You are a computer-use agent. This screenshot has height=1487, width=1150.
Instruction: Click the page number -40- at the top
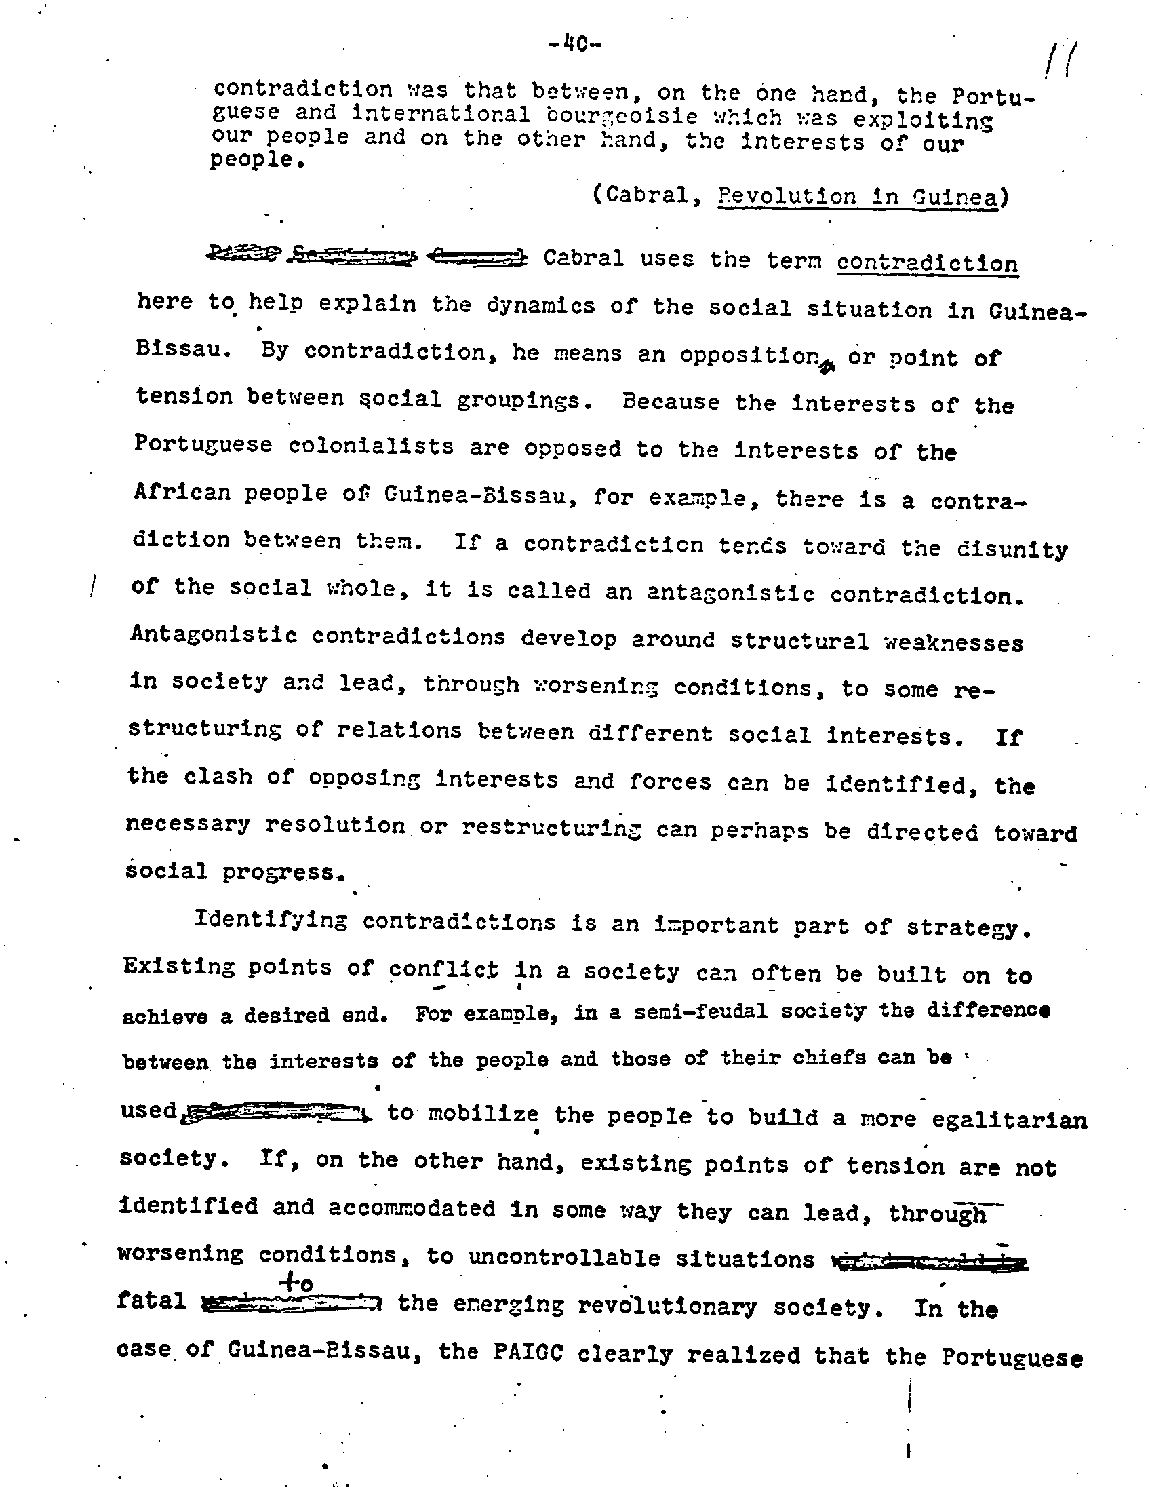click(x=574, y=45)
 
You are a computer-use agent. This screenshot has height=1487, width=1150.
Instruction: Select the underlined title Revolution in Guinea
click(x=857, y=197)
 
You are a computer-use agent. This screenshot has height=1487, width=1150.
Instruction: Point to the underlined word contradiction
click(x=927, y=263)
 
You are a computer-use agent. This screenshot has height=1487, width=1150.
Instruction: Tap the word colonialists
click(x=371, y=446)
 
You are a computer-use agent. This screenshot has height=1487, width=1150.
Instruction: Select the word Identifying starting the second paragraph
click(x=271, y=920)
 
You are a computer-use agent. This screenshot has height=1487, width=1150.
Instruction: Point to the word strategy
click(x=968, y=928)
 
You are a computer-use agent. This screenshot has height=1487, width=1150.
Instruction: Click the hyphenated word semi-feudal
click(x=700, y=1012)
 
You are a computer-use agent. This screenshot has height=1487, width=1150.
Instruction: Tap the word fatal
click(x=151, y=1301)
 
